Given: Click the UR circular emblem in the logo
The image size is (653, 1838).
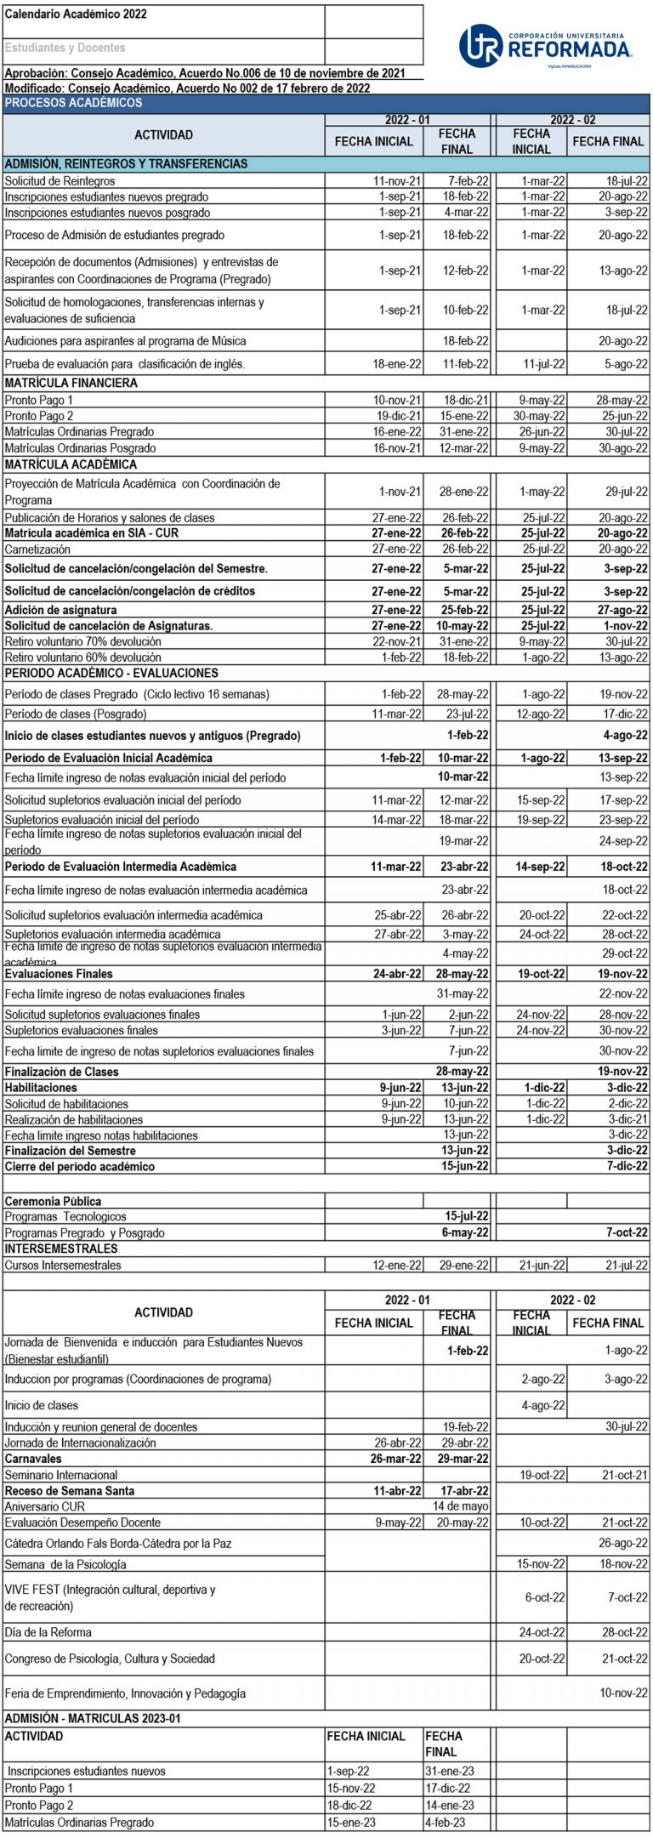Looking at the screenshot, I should pos(481,46).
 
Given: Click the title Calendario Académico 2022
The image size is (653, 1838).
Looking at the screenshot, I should pos(76,14).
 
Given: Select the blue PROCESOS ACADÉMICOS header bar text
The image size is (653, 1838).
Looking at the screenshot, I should pos(74,103).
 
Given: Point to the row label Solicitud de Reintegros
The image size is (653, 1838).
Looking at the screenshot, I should pos(60,181).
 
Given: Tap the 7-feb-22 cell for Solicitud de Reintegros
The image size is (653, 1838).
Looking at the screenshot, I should pos(468,181).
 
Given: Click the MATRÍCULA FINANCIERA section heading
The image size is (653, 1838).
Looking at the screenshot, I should pos(71,384).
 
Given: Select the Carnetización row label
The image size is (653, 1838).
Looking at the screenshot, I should pos(37,549).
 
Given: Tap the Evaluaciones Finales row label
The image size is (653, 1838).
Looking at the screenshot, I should pos(59,974).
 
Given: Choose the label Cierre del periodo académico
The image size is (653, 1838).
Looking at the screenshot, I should pos(80,1167).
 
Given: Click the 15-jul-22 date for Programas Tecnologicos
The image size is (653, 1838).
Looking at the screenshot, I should pos(467,1217).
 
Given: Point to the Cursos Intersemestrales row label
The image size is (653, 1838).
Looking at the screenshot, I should pos(63,1266).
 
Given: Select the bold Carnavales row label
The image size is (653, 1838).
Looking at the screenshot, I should pos(33,1459).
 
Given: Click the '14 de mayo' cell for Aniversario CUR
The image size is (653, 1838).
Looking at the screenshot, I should pos(459,1506).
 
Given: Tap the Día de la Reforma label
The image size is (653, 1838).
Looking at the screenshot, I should pos(48,1632).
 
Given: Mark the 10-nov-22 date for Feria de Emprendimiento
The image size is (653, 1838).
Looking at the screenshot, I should pos(623,1693).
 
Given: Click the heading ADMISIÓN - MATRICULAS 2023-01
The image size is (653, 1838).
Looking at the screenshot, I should pos(93,1719).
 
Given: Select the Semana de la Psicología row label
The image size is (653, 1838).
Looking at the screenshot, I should pos(65,1564).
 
